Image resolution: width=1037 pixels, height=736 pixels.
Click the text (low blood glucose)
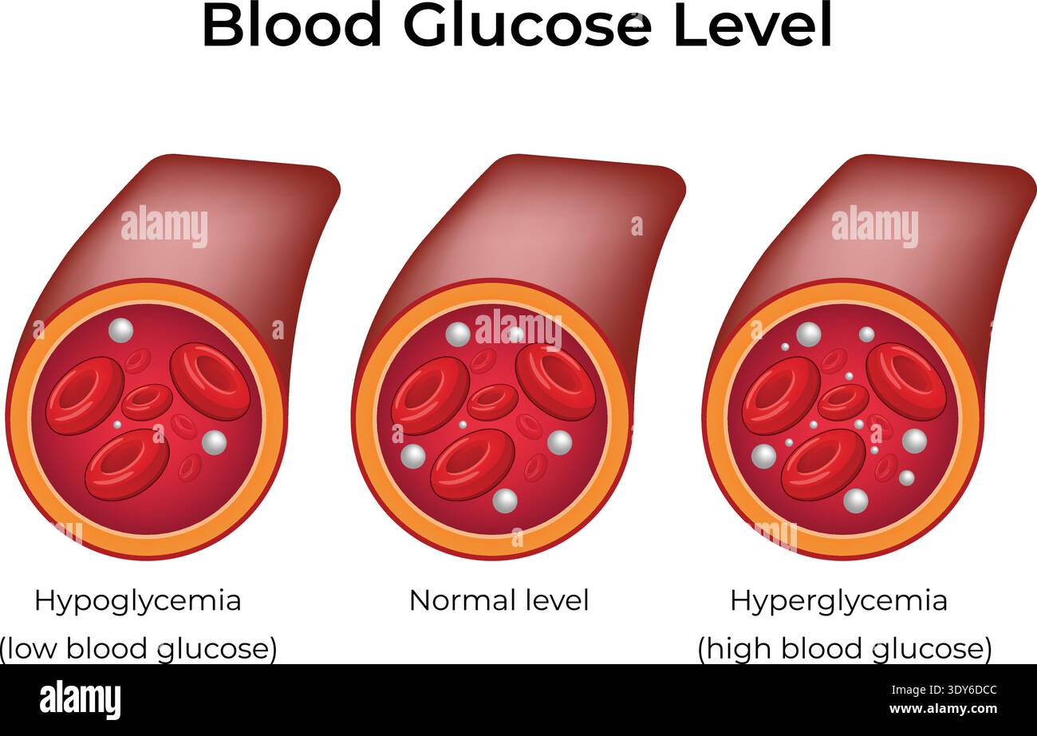click(138, 649)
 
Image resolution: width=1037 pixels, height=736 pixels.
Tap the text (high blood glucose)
click(845, 649)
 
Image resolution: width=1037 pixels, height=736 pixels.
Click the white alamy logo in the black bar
click(80, 699)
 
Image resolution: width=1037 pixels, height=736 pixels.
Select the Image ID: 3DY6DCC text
click(944, 690)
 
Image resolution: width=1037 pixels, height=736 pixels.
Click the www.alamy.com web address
click(943, 708)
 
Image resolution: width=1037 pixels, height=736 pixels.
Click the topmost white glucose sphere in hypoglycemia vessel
click(120, 330)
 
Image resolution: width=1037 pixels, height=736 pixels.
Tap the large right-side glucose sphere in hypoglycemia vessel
click(215, 442)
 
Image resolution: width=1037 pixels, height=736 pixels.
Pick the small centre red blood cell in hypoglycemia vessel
click(148, 402)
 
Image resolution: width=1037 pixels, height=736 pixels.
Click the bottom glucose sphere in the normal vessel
click(505, 501)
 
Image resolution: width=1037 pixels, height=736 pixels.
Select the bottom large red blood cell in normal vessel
click(473, 465)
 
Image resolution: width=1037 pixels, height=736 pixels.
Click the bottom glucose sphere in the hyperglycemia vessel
click(856, 501)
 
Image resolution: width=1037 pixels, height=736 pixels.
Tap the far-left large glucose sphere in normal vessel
click(413, 456)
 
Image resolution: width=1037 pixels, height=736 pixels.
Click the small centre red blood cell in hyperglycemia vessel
click(843, 402)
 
